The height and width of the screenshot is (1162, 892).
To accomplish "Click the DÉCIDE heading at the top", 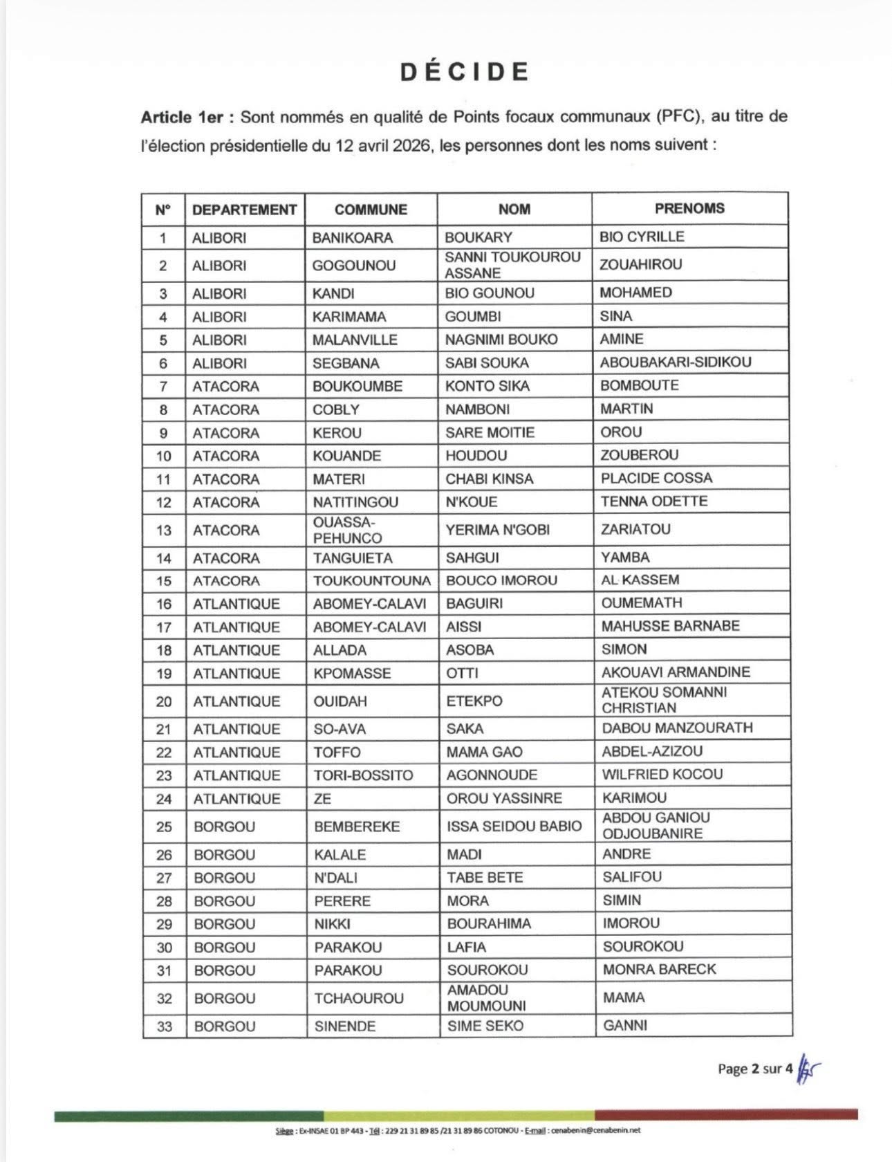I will [x=465, y=72].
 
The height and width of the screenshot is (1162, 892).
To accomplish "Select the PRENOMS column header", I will [x=689, y=208].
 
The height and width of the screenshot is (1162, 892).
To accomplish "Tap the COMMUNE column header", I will [x=371, y=209].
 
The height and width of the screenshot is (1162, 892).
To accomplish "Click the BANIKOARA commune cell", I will [x=352, y=237].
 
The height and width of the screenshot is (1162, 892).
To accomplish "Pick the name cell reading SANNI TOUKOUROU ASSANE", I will [x=512, y=265].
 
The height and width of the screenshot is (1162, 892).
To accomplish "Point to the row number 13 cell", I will [x=164, y=530].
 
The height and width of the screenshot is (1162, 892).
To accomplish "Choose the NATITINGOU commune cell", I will [x=355, y=501].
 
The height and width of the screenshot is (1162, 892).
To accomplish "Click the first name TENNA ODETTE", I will [x=653, y=501].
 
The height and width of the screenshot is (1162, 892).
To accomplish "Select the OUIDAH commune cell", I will [x=340, y=701].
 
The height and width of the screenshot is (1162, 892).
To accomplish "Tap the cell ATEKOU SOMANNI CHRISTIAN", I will [x=664, y=699].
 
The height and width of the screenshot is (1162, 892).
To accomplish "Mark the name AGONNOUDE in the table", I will [x=492, y=775].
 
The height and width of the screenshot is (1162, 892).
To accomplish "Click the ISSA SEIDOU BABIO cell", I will [x=514, y=826].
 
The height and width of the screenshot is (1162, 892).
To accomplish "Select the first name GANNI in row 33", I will [x=625, y=1025].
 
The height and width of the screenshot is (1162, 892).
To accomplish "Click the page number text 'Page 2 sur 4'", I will [x=754, y=1069].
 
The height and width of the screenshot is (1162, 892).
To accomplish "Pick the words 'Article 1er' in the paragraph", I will [x=182, y=117].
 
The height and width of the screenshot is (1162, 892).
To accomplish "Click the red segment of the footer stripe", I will [x=726, y=1114].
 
